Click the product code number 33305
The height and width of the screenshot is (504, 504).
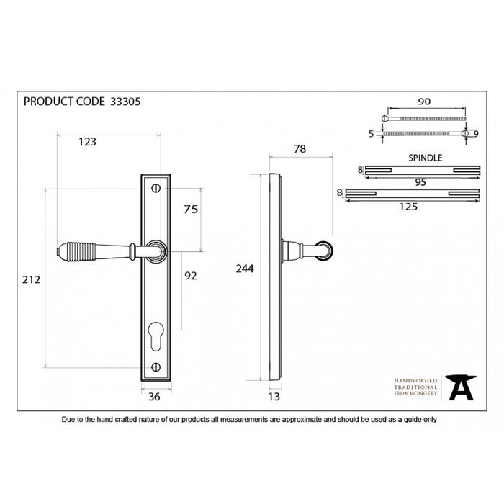[125, 102]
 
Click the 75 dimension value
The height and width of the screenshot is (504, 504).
[191, 210]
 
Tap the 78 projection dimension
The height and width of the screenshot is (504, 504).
[300, 149]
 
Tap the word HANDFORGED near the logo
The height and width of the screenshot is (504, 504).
[412, 379]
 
